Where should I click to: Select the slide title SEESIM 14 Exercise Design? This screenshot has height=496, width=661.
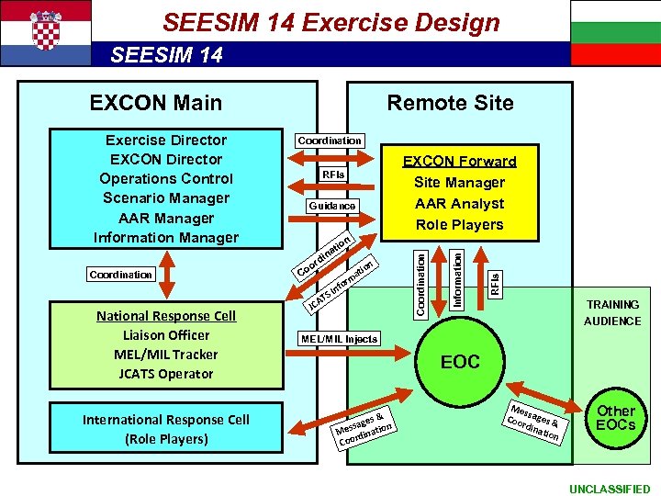[x=330, y=22]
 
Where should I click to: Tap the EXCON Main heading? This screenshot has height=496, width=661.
[x=156, y=102]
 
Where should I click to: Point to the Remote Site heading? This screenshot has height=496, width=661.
[x=450, y=102]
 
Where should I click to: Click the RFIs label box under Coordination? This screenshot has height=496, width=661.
[x=332, y=175]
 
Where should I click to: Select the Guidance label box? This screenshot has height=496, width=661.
[x=332, y=206]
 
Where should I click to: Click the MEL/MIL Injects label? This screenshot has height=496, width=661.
[x=339, y=339]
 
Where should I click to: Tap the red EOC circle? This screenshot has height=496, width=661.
[x=460, y=362]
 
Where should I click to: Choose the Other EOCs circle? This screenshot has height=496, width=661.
[x=616, y=418]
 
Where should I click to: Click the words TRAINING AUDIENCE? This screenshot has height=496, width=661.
[x=612, y=312]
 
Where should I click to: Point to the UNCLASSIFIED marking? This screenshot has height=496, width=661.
[x=610, y=489]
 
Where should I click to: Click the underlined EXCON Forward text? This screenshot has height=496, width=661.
[x=460, y=162]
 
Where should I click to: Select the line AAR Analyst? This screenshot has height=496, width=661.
[x=460, y=203]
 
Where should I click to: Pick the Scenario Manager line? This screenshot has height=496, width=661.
[x=166, y=198]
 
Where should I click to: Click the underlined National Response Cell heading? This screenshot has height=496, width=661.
[x=166, y=316]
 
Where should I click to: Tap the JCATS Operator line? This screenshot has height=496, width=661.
[x=166, y=374]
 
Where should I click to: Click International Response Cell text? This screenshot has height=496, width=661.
[x=166, y=420]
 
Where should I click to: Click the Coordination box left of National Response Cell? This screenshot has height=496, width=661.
[x=121, y=275]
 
